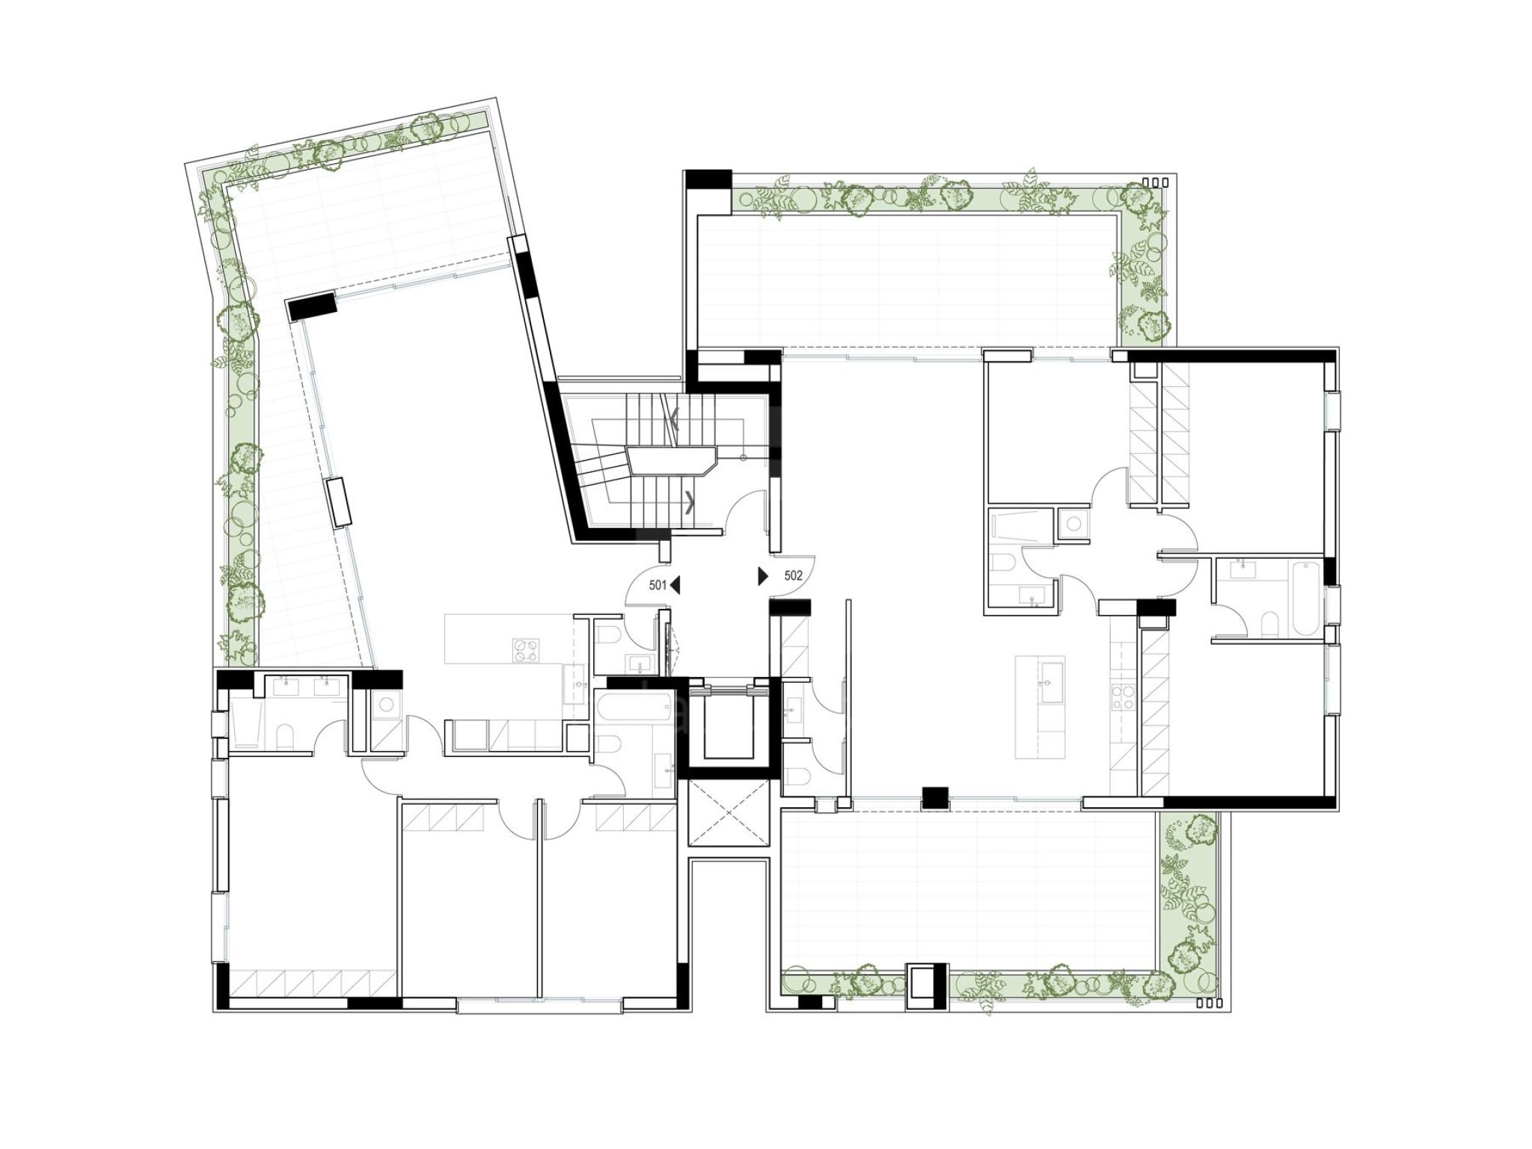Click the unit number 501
658,585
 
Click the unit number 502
793,575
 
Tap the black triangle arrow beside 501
675,585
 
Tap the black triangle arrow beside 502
764,575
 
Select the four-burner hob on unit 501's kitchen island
526,649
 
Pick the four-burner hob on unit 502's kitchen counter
1122,697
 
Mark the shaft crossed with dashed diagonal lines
729,812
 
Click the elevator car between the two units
729,726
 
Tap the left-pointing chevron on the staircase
674,420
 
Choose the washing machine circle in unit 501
387,704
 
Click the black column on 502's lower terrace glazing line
935,797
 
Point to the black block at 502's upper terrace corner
708,180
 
